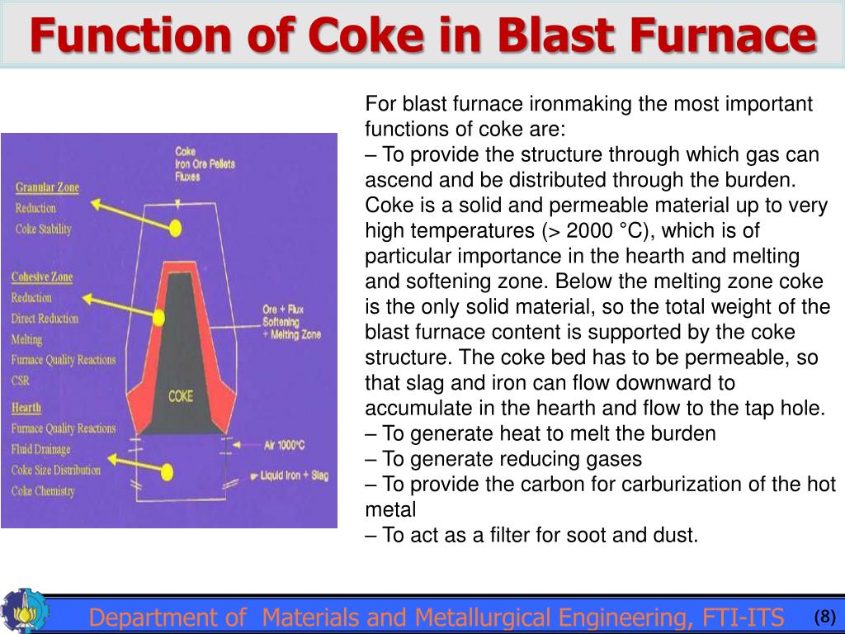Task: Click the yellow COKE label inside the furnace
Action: tap(181, 396)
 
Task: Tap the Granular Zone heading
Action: tap(47, 187)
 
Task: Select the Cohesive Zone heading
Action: tap(42, 277)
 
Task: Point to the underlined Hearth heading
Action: tap(26, 407)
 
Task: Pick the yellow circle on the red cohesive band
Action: tap(158, 316)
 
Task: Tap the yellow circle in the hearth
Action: tap(168, 473)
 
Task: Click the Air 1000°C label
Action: tap(286, 447)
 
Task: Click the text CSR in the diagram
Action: tap(21, 381)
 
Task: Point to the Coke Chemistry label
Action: tap(43, 491)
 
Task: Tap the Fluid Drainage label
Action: tap(41, 449)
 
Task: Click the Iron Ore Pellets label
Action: tap(205, 163)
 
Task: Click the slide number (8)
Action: tap(824, 617)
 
